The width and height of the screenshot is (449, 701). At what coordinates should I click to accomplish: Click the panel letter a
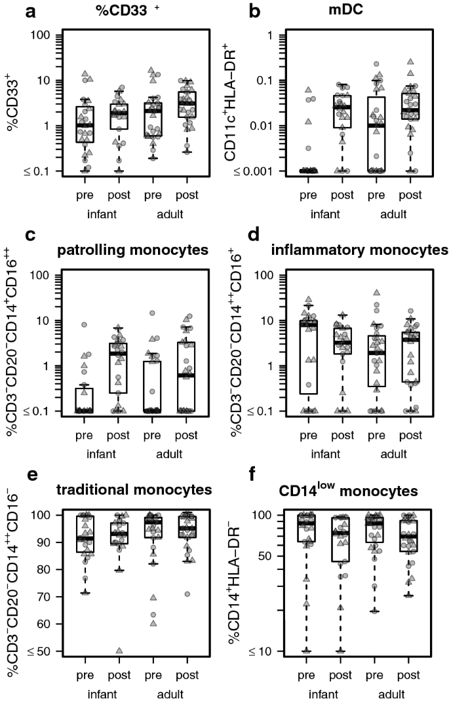click(11, 12)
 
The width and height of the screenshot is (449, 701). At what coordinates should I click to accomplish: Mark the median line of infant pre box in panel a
click(85, 125)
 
